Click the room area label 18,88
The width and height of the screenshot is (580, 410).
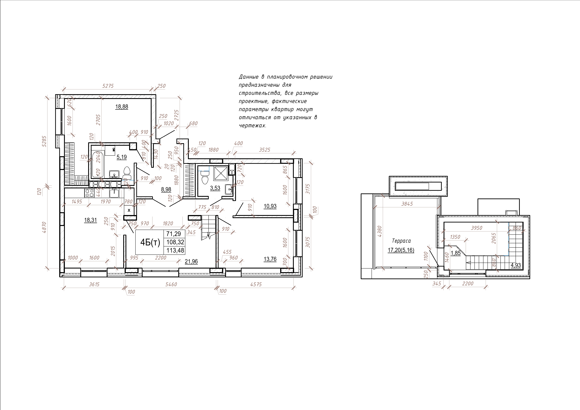[x=122, y=107]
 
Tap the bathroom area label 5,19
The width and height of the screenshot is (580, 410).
[x=122, y=157]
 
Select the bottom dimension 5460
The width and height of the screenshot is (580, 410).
[x=171, y=285]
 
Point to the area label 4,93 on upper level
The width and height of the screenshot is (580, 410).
[x=516, y=265]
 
